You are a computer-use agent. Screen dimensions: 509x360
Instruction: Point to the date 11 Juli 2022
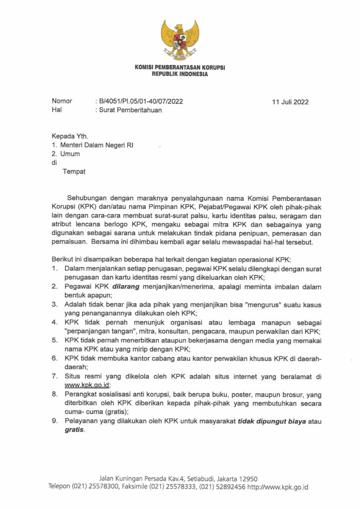point(290,102)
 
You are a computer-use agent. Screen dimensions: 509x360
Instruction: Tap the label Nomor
point(62,101)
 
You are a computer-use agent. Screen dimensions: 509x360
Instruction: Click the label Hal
point(56,110)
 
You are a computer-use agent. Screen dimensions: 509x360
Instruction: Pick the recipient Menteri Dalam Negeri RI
point(96,145)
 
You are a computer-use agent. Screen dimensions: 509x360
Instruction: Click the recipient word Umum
point(70,154)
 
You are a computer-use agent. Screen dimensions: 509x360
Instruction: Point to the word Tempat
point(74,172)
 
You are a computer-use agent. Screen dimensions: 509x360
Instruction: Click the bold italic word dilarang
point(126,287)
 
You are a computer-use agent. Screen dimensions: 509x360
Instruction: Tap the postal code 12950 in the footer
point(247,478)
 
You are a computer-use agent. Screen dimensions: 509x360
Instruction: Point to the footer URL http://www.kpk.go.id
point(277,487)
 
